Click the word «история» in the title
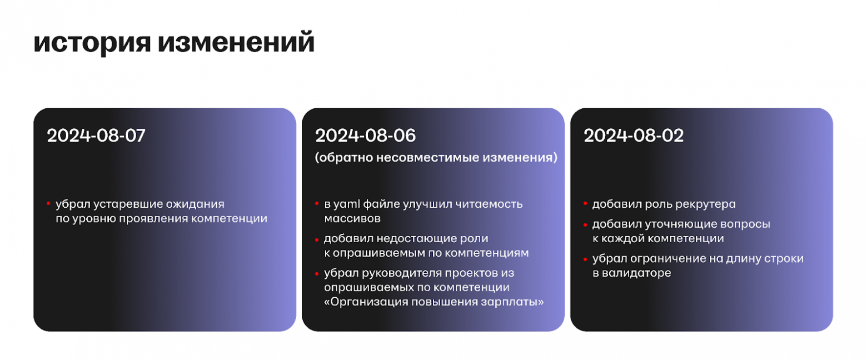click(x=91, y=43)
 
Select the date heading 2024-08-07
click(x=96, y=136)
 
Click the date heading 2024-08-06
click(x=365, y=136)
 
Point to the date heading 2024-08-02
click(x=634, y=136)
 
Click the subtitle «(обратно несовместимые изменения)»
click(x=436, y=158)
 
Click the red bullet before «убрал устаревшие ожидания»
click(x=48, y=204)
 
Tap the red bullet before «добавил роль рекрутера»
click(x=585, y=204)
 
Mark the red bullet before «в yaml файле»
click(x=317, y=204)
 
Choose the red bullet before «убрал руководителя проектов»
click(x=317, y=273)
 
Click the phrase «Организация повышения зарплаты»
click(x=433, y=302)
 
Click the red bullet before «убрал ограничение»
click(x=585, y=259)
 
